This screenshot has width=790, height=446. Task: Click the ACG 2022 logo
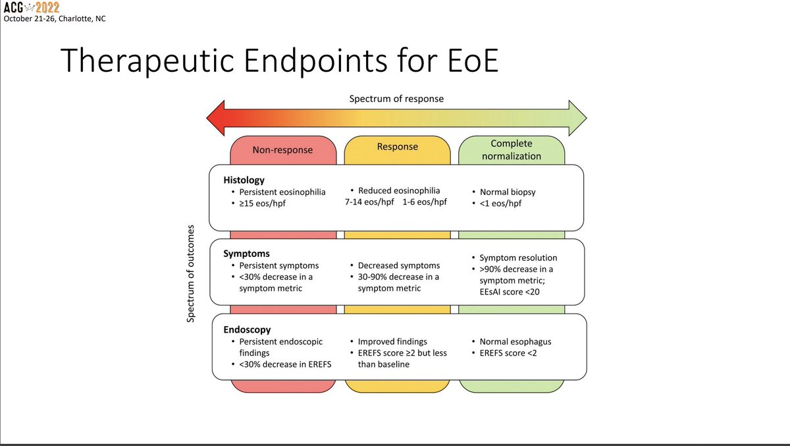tap(31, 7)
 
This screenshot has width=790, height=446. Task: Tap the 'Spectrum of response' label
tap(396, 99)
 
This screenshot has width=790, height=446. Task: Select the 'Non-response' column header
tap(282, 150)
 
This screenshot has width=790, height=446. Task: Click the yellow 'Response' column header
tap(397, 147)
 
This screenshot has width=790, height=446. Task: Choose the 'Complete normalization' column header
tap(512, 150)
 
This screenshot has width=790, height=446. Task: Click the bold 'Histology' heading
tap(244, 180)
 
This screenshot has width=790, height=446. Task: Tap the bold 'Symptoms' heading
tap(246, 253)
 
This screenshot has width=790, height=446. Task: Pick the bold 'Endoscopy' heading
tap(247, 329)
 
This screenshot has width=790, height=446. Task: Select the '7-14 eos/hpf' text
tap(366, 202)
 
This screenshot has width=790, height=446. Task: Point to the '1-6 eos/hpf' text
tap(424, 202)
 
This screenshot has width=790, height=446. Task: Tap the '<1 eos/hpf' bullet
tap(500, 204)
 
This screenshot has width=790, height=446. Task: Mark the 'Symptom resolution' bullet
tap(517, 258)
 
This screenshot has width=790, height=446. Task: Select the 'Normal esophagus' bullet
tap(514, 341)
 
